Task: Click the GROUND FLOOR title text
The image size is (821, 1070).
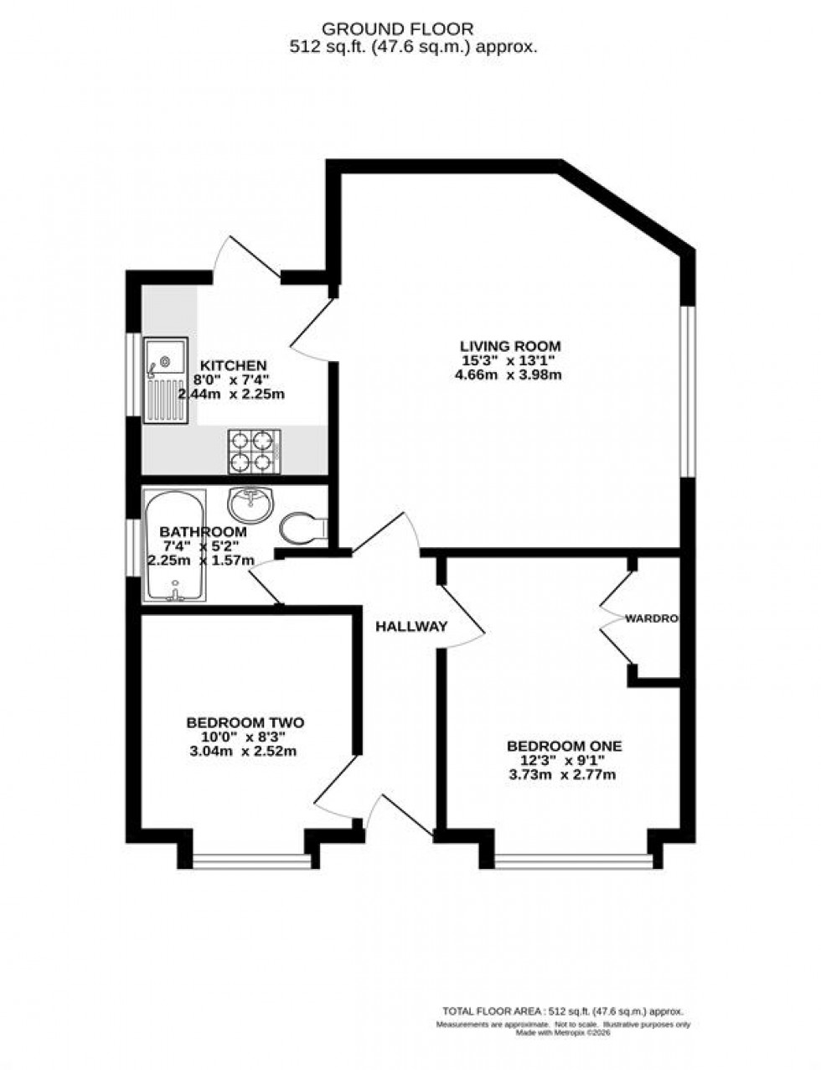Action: tap(410, 30)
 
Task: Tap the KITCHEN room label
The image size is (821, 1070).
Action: tap(232, 365)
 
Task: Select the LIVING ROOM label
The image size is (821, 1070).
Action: tap(509, 345)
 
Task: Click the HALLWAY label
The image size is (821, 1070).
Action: tap(410, 627)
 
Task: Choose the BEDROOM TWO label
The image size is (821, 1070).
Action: tap(245, 722)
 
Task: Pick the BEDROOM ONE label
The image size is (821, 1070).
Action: tap(564, 746)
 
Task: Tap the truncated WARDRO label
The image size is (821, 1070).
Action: tap(651, 618)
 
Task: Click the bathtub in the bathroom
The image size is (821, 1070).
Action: tap(173, 546)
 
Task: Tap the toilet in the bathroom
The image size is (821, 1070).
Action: tap(303, 528)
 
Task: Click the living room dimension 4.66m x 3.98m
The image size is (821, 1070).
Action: tap(508, 375)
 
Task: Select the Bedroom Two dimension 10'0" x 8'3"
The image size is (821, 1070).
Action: tap(245, 737)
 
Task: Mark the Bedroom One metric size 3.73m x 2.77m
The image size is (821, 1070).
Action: tap(564, 775)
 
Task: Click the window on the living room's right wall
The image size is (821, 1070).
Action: tap(687, 390)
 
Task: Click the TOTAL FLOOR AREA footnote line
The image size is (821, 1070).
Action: tap(563, 1011)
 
